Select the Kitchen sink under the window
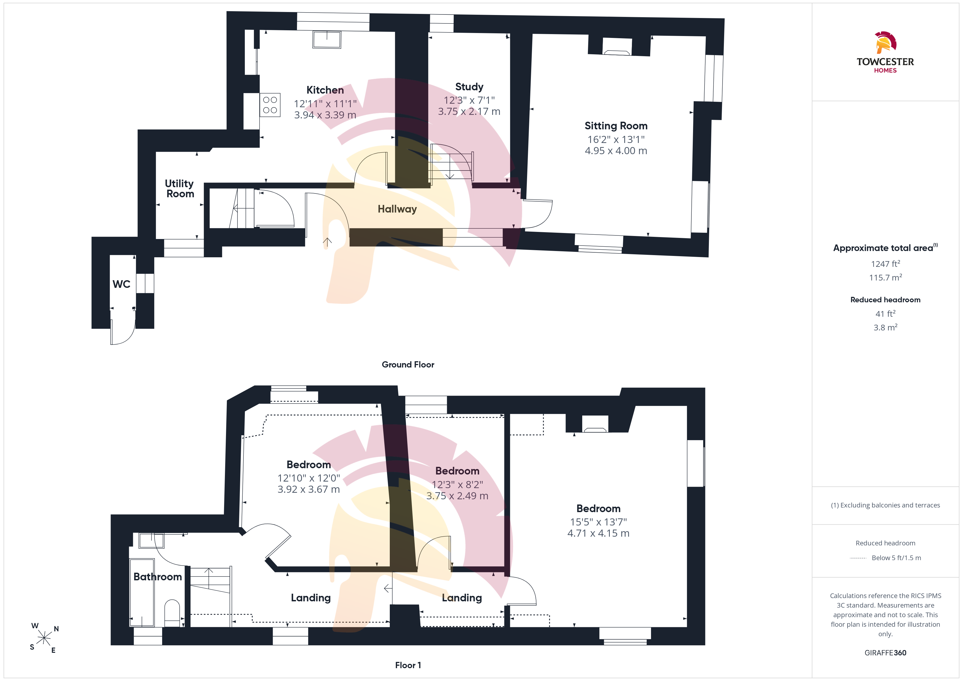327,40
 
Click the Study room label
469,87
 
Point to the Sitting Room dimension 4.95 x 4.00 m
616,151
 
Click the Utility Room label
180,189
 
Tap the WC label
122,284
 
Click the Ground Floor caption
408,365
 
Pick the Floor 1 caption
408,665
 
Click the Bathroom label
158,577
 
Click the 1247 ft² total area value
885,264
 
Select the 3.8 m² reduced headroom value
885,327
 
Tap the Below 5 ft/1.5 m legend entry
896,558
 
